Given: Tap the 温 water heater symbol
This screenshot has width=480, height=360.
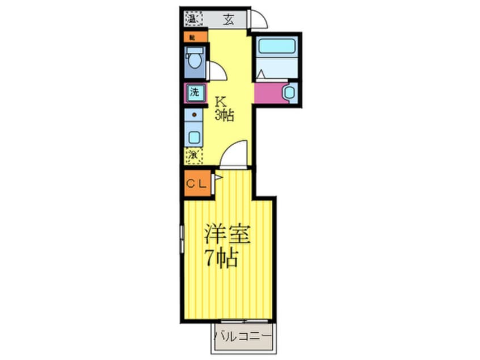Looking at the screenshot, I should click(x=191, y=19).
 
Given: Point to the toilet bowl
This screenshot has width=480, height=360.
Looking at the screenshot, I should click(x=195, y=58).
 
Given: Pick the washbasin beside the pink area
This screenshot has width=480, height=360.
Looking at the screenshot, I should click(x=289, y=93).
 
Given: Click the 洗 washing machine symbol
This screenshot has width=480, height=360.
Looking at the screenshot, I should click(x=194, y=93).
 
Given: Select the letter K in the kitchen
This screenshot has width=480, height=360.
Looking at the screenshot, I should click(x=221, y=102).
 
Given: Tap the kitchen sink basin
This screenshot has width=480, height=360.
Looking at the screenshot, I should click(x=195, y=136).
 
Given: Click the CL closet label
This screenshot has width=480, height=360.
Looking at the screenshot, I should click(x=196, y=183).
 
